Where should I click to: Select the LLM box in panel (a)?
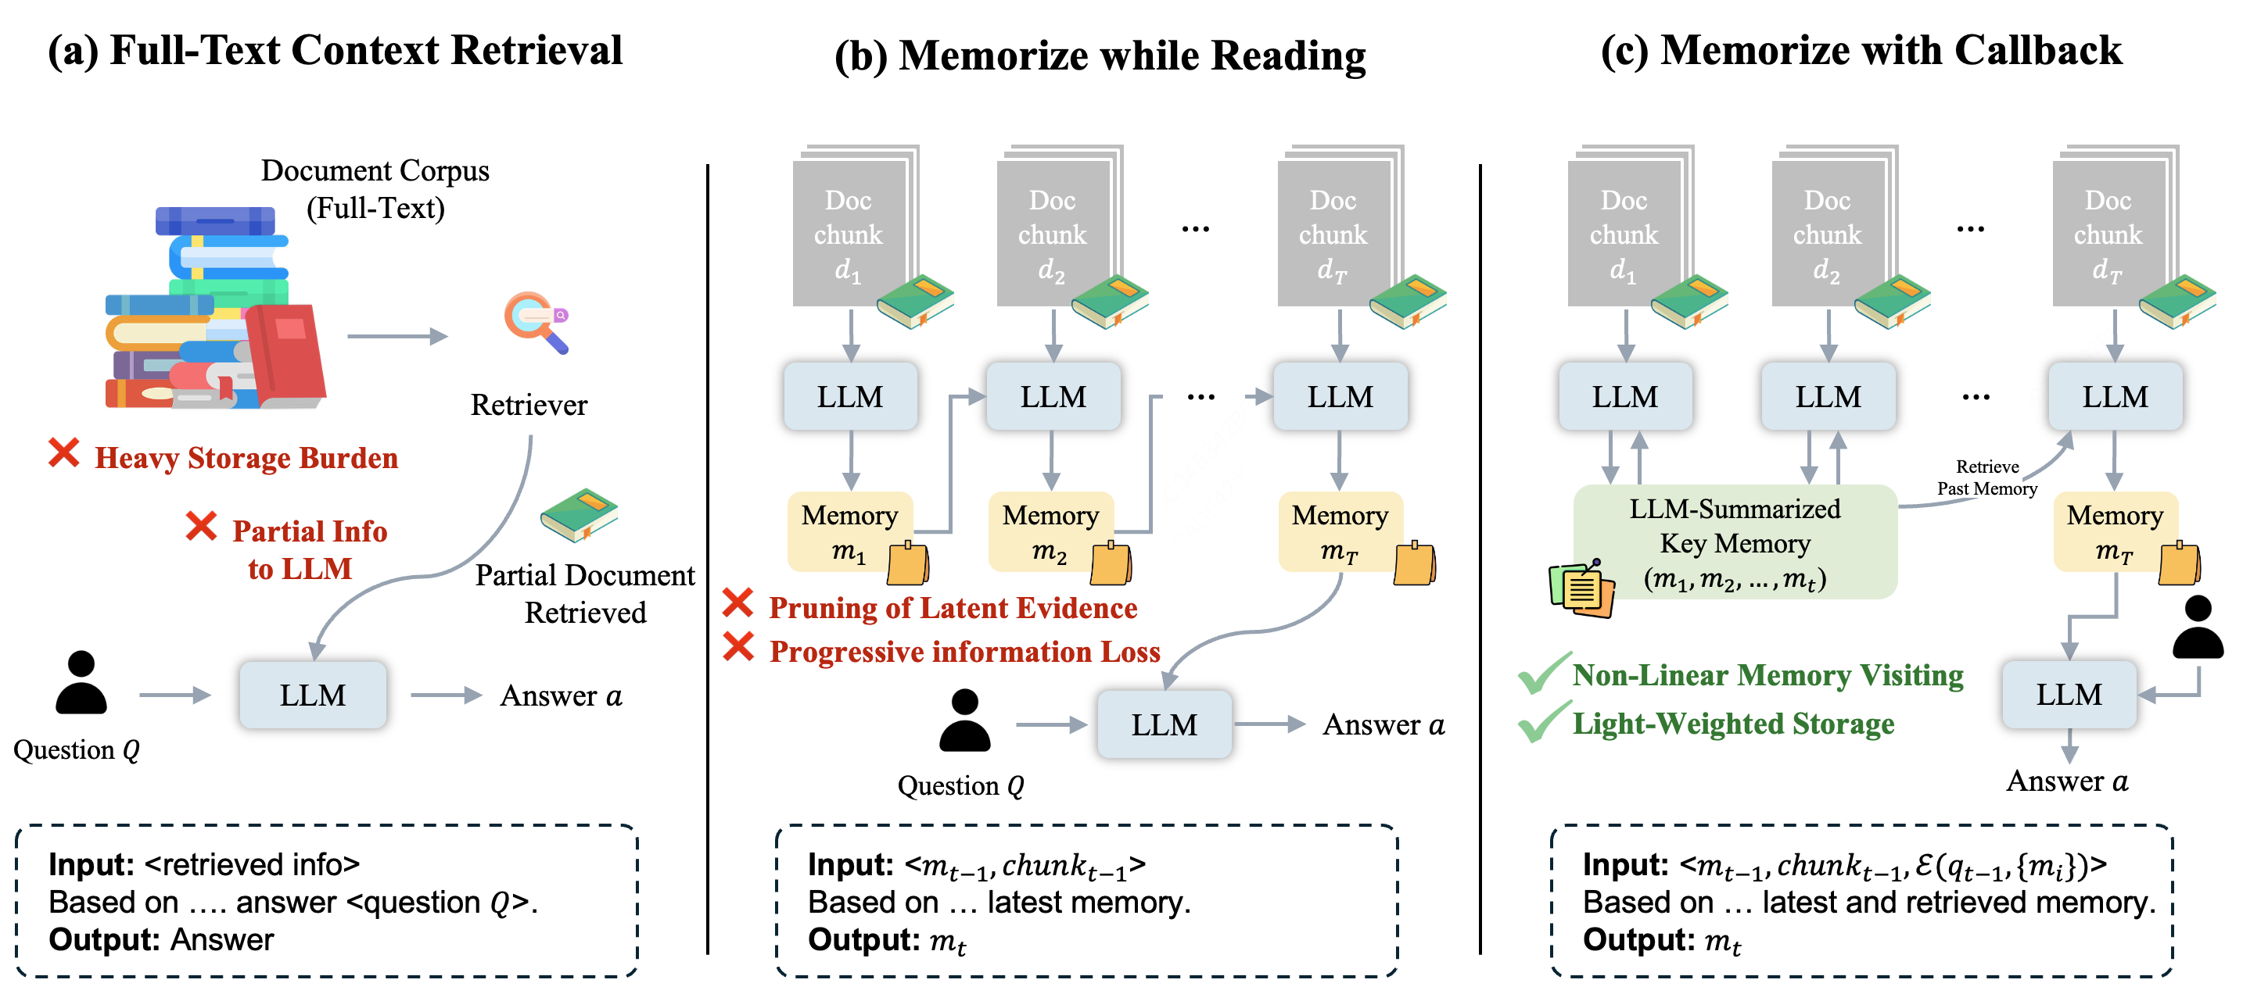[313, 695]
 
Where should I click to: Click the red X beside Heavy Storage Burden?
[63, 453]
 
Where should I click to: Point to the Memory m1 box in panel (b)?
[850, 531]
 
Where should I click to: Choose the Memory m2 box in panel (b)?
[1051, 531]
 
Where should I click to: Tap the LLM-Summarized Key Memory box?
[1735, 542]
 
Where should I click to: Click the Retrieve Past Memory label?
[1987, 477]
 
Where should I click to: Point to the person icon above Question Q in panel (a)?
[81, 682]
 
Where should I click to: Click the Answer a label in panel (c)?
[2067, 781]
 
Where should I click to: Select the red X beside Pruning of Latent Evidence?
[737, 603]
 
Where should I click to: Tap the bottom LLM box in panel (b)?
[1165, 724]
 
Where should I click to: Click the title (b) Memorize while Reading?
[1100, 55]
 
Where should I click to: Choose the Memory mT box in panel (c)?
[2115, 531]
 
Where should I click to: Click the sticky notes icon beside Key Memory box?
[1581, 589]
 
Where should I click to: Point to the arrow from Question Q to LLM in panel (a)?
[175, 695]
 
